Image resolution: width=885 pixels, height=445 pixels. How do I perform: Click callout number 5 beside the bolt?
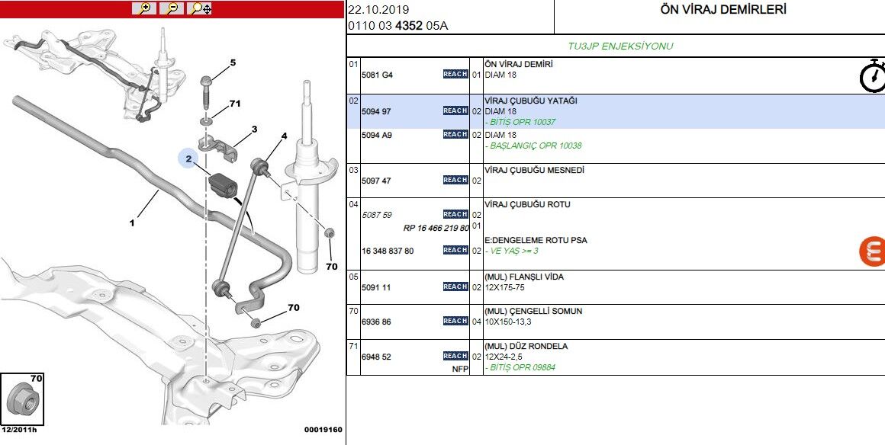coord(233,62)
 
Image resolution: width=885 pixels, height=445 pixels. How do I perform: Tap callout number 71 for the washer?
coord(235,104)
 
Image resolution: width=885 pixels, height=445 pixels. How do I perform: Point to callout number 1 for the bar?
coord(132,223)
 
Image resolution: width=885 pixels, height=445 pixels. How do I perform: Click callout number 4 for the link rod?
coord(284,137)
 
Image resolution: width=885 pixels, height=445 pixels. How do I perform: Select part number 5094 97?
coord(376,111)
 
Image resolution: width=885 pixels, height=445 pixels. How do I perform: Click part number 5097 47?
coord(376,181)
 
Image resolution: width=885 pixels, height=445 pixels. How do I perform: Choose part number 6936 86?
coord(376,322)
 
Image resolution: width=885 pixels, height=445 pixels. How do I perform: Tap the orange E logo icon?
coord(871,251)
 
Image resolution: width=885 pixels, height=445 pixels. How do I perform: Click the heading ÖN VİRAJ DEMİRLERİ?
coord(722,10)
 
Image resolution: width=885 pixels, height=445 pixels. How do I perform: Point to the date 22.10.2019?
coord(378,10)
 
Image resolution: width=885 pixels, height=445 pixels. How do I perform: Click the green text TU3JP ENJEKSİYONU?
coord(619,46)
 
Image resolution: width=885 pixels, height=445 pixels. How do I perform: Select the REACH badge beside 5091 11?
coord(455,287)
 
